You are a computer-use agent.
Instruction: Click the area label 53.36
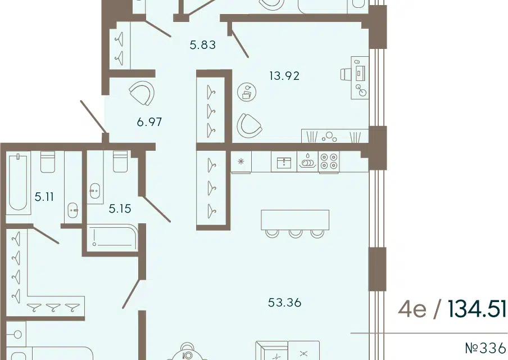click(285, 303)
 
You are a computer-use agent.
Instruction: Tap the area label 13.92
click(284, 76)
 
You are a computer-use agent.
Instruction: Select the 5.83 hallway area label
click(203, 45)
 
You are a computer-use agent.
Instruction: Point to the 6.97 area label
click(149, 122)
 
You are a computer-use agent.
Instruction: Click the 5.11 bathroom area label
click(44, 197)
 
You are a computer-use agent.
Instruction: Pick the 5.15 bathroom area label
click(120, 209)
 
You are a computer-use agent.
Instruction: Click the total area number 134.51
click(477, 309)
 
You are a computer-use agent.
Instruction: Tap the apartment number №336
click(486, 348)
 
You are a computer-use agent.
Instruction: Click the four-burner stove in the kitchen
click(329, 161)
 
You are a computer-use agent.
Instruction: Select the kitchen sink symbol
click(284, 162)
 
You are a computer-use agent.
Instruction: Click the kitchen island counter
click(295, 220)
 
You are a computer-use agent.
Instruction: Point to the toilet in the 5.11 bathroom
click(48, 161)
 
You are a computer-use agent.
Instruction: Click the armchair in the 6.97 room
click(142, 93)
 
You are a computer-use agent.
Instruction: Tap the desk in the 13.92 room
click(360, 78)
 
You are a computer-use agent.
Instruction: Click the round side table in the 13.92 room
click(247, 92)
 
